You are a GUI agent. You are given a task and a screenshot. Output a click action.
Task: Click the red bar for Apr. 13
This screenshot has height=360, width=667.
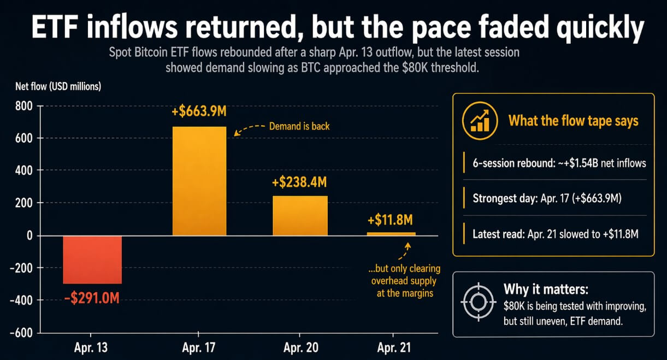coord(92,259)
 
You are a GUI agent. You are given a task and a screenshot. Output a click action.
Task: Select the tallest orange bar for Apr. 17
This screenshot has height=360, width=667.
coord(199,181)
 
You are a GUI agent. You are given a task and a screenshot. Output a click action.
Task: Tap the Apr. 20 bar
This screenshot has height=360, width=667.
coord(300,215)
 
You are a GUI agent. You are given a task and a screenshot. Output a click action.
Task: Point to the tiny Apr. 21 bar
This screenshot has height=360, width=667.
coord(390,234)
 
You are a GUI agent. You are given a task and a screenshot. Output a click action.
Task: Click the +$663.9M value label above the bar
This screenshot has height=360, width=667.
coord(199,113)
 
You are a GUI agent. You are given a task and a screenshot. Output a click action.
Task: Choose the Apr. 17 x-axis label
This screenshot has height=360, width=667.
coord(199,348)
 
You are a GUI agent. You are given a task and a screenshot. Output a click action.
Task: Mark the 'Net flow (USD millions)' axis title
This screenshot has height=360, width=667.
coord(58,86)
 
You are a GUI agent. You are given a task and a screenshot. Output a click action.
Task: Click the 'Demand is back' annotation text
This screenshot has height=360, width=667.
coord(299,126)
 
